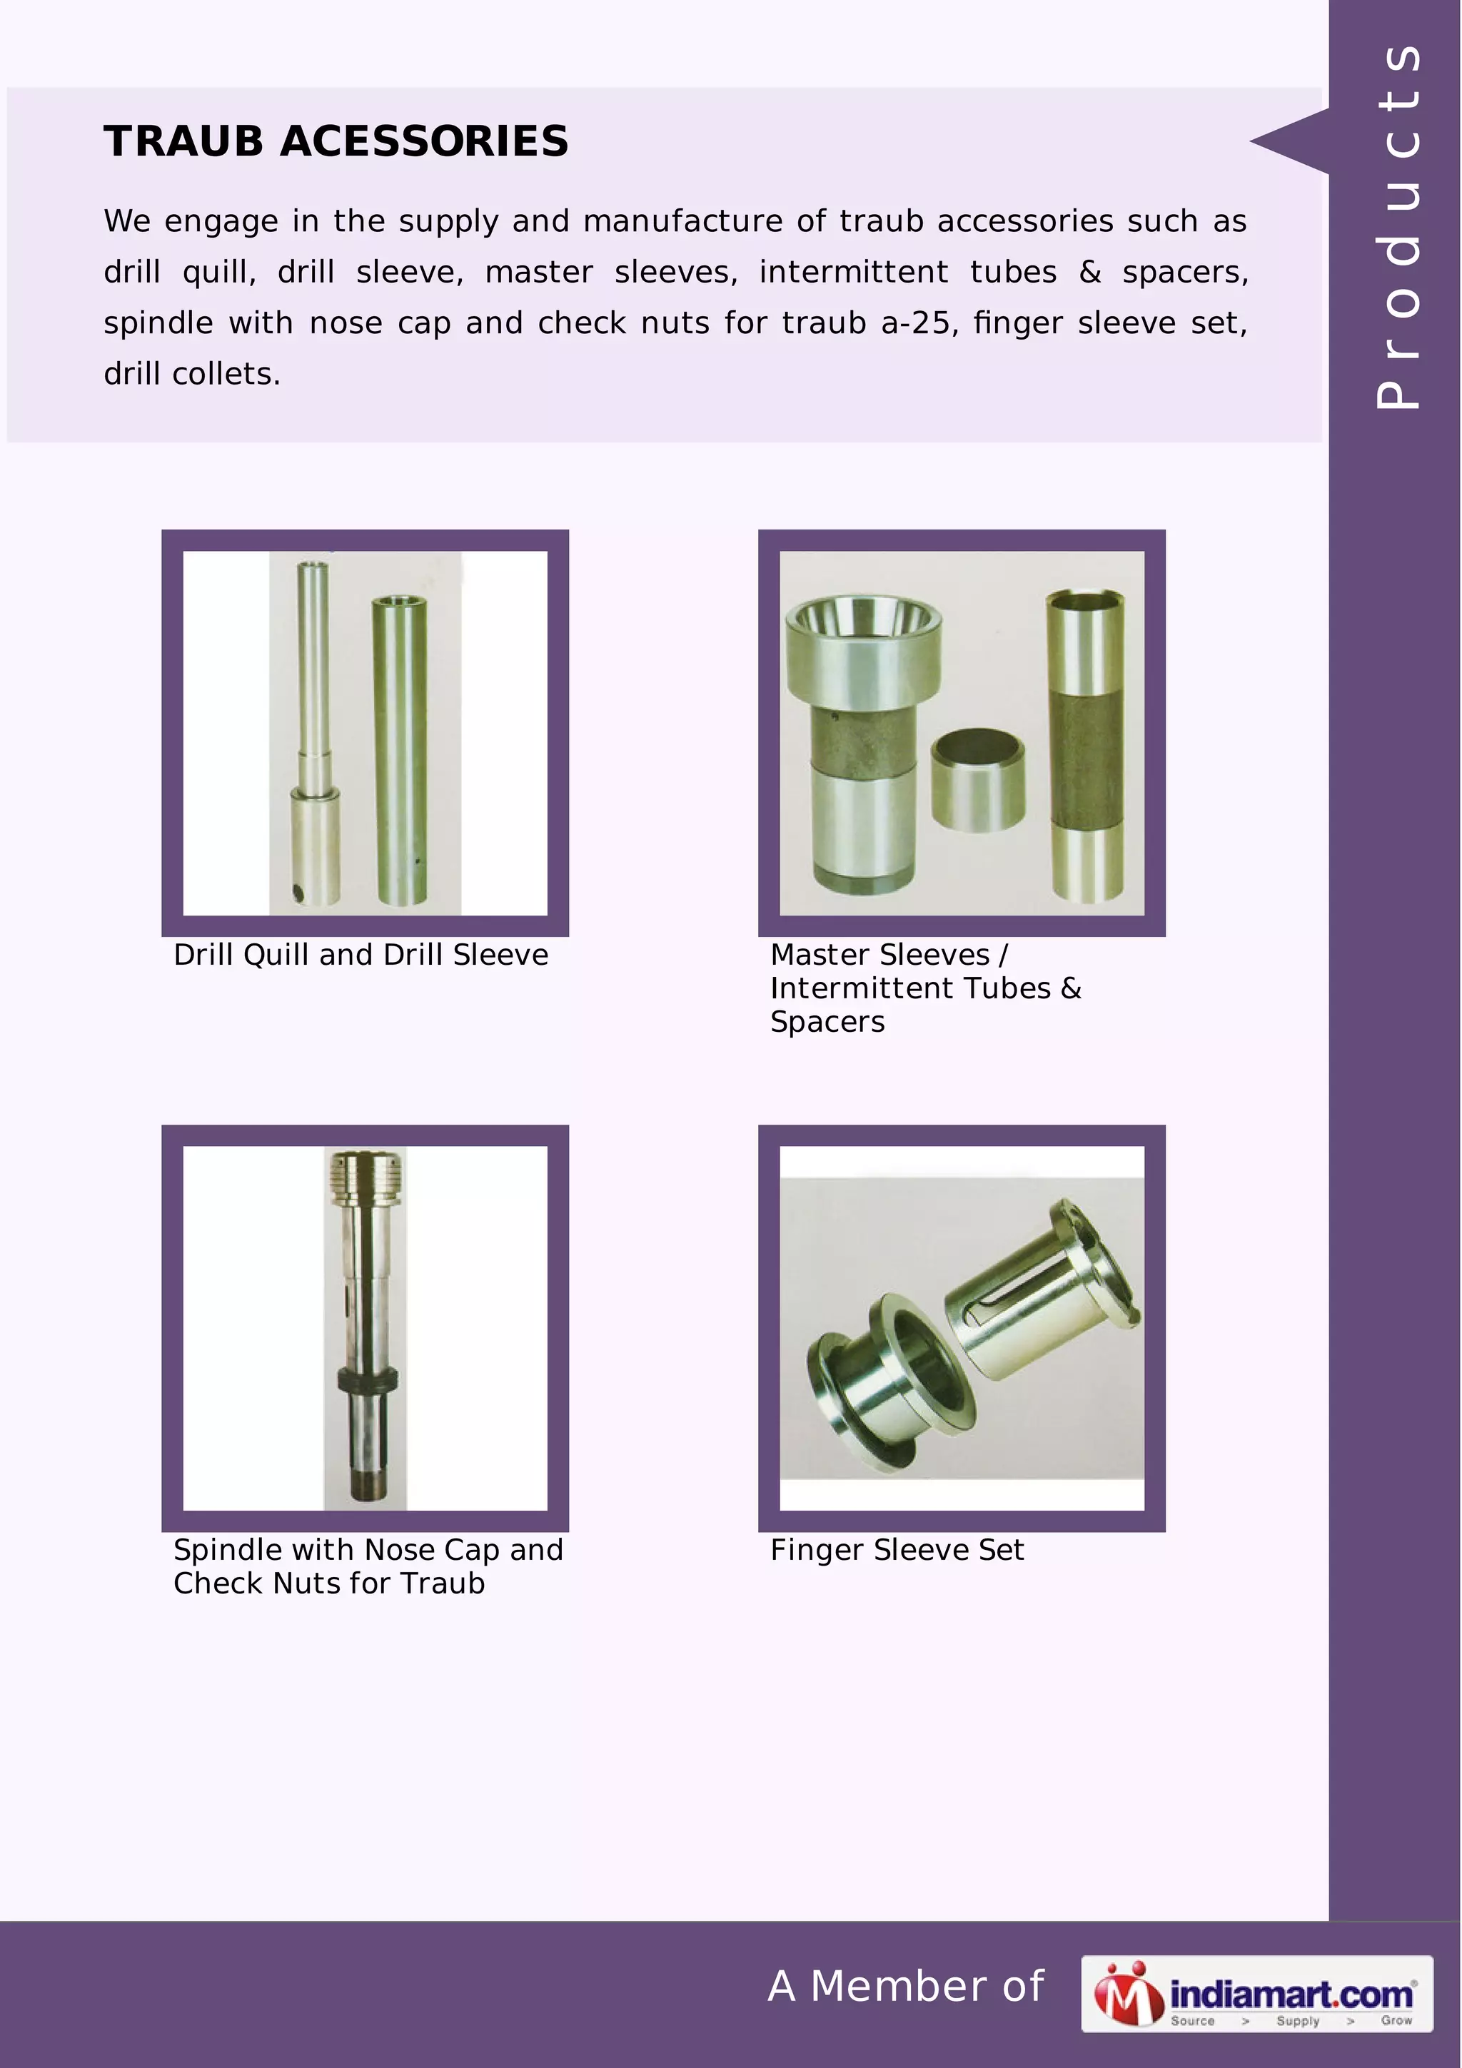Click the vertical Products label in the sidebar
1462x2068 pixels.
point(1397,225)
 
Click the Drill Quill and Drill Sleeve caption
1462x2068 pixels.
point(361,955)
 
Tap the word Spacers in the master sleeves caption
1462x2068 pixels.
point(827,1023)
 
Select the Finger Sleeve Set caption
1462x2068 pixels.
point(897,1550)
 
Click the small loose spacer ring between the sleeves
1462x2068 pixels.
point(977,779)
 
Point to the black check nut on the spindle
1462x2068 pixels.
point(367,1381)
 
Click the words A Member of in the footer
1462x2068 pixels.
point(905,1986)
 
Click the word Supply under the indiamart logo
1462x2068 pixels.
point(1296,2020)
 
